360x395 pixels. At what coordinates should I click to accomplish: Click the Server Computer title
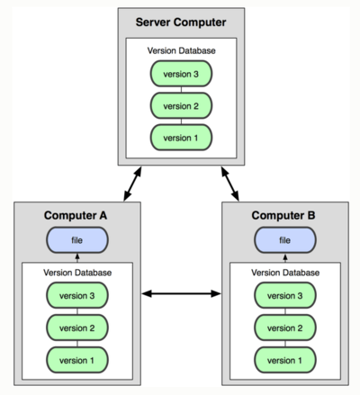point(181,22)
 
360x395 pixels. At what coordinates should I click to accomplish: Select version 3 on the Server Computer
point(181,74)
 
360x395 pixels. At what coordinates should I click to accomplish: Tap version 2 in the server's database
point(181,105)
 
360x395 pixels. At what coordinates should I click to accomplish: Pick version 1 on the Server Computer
point(181,138)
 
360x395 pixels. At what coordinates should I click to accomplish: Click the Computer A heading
point(76,215)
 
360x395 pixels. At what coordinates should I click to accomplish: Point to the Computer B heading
point(283,215)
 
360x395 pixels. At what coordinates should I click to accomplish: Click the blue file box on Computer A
point(77,240)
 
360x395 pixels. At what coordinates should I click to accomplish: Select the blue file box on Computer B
point(285,240)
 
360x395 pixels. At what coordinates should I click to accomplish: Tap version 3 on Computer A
point(77,296)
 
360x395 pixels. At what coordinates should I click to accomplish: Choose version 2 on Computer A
point(77,328)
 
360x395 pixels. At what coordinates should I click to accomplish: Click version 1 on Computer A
point(77,360)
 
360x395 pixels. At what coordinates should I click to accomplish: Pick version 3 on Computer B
point(285,296)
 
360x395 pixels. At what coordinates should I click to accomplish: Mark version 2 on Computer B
point(285,328)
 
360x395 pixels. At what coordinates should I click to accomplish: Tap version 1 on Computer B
point(285,360)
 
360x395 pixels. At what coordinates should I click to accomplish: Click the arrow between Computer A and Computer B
point(181,293)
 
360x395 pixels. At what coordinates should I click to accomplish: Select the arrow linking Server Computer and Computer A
point(132,184)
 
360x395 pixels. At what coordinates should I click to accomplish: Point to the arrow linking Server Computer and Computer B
point(230,184)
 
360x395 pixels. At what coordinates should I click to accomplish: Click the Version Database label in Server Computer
point(181,50)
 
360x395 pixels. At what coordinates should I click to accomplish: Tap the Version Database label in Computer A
point(77,273)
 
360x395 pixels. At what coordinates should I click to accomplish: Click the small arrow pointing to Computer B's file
point(285,258)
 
